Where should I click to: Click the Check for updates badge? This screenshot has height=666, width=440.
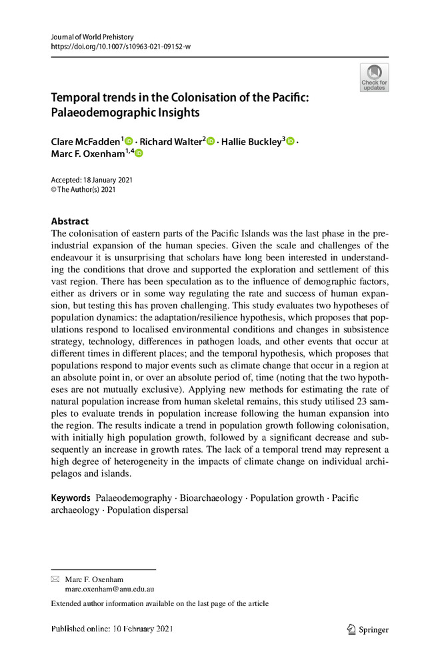tap(374, 78)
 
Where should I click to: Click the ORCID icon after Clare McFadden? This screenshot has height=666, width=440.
tap(129, 141)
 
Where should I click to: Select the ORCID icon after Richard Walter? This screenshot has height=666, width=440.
tap(211, 141)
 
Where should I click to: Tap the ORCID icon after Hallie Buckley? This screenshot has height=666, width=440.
tap(290, 141)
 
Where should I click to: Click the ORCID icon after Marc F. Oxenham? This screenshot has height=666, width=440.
tap(139, 154)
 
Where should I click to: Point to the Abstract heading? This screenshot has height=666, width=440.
tap(70, 222)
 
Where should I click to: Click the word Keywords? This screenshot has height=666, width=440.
tap(71, 498)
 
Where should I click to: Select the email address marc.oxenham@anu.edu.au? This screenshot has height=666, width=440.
tap(109, 589)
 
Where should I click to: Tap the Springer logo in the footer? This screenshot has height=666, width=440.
tap(368, 629)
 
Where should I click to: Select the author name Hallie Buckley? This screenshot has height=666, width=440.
tap(251, 142)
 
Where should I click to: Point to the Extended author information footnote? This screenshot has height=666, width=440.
tap(160, 604)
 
